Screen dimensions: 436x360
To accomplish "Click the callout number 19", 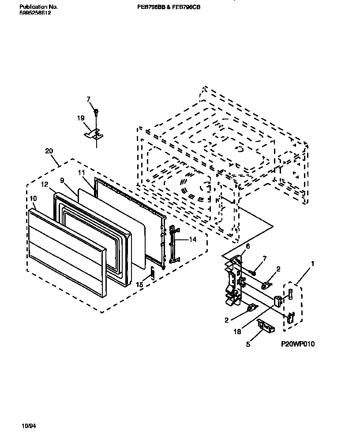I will tap(80, 118).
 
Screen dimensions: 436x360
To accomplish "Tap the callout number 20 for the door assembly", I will tap(49, 151).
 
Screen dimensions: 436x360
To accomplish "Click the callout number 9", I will tap(62, 180).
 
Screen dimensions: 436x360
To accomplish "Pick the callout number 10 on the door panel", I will tap(34, 199).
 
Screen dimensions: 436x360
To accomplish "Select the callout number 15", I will tap(139, 285).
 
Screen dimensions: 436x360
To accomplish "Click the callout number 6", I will tap(247, 246).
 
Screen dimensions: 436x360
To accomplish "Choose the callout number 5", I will tap(248, 344).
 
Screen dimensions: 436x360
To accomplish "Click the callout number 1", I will tap(312, 264).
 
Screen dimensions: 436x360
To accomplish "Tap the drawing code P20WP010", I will tap(298, 344).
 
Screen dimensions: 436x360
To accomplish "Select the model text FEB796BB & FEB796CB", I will tap(169, 7).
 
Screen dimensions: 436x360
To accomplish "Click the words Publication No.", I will tap(39, 7).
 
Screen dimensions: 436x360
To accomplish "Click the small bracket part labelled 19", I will tap(94, 133).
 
